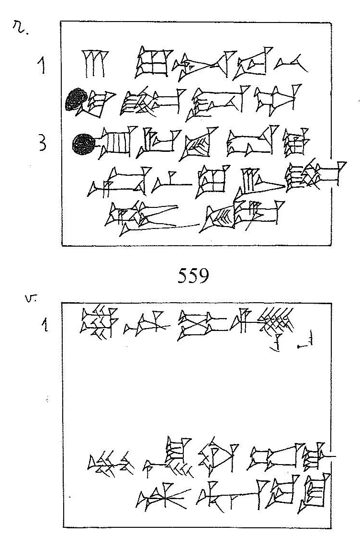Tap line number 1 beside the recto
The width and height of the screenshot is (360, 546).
pos(42,65)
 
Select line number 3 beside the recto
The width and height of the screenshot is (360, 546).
pos(43,144)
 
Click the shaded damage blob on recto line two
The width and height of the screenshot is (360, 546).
pos(76,100)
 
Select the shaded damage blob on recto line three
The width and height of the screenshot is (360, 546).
pos(84,143)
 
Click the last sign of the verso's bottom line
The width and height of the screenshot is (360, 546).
pos(314,493)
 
